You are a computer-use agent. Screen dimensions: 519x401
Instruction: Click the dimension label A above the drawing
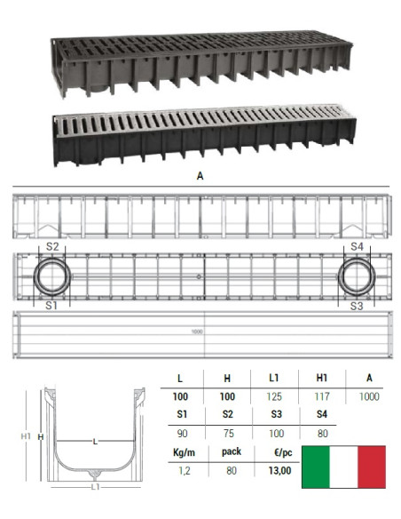[x=200, y=176]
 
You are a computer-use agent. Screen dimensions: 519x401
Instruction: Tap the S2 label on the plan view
[x=52, y=246]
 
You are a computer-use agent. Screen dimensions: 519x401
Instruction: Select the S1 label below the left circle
[x=52, y=306]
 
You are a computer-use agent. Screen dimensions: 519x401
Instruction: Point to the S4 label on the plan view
[x=357, y=246]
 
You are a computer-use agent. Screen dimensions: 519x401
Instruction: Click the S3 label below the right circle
[x=357, y=306]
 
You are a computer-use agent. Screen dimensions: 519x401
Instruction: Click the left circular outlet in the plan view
[x=52, y=277]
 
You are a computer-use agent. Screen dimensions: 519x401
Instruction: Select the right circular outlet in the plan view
[x=357, y=277]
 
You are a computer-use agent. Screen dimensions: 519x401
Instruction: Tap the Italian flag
[x=343, y=467]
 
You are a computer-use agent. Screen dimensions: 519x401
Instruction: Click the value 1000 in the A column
[x=369, y=397]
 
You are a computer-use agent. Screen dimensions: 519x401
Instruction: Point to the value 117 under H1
[x=324, y=397]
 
